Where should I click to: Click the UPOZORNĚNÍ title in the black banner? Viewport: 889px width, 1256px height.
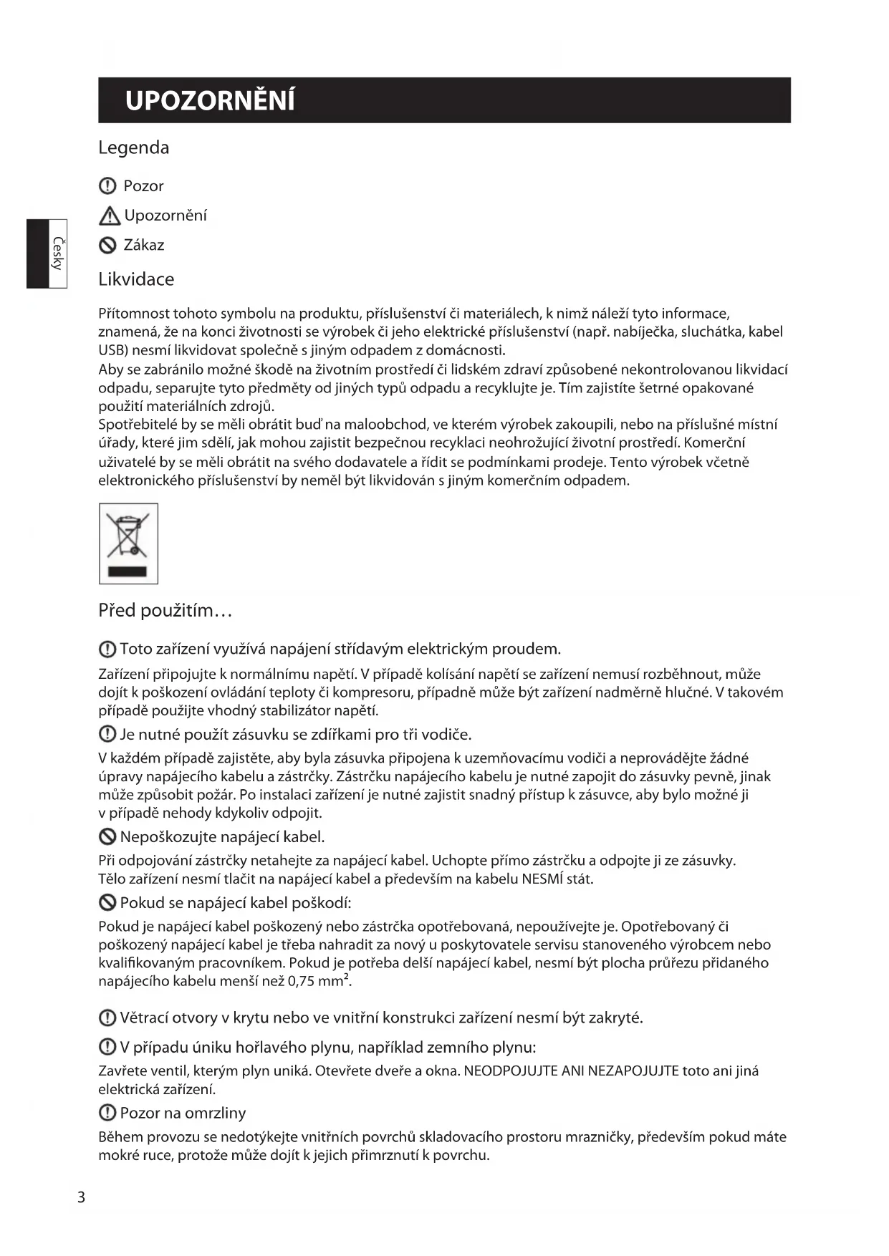[210, 101]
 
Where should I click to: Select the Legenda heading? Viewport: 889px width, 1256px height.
[134, 148]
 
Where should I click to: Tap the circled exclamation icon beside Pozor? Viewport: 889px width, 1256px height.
[107, 186]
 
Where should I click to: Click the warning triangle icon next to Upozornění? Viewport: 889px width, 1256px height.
[110, 216]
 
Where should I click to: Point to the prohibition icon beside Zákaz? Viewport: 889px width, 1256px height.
[107, 246]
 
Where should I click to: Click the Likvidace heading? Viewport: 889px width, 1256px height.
[136, 279]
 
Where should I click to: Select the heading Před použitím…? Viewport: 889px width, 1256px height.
[165, 611]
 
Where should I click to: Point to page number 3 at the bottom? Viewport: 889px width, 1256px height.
[81, 1197]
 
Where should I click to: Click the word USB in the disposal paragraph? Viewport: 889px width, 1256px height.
[112, 350]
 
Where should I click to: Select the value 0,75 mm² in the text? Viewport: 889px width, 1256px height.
[319, 981]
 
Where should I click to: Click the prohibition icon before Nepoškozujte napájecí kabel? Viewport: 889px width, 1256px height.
[107, 837]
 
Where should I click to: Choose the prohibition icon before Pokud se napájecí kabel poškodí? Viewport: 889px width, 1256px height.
[107, 903]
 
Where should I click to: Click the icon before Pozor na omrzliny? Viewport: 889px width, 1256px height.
[107, 1113]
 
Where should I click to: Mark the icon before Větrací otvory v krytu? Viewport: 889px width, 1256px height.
[107, 1018]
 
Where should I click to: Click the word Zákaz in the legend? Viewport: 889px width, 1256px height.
[144, 246]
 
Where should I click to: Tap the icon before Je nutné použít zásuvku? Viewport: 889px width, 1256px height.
[107, 735]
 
